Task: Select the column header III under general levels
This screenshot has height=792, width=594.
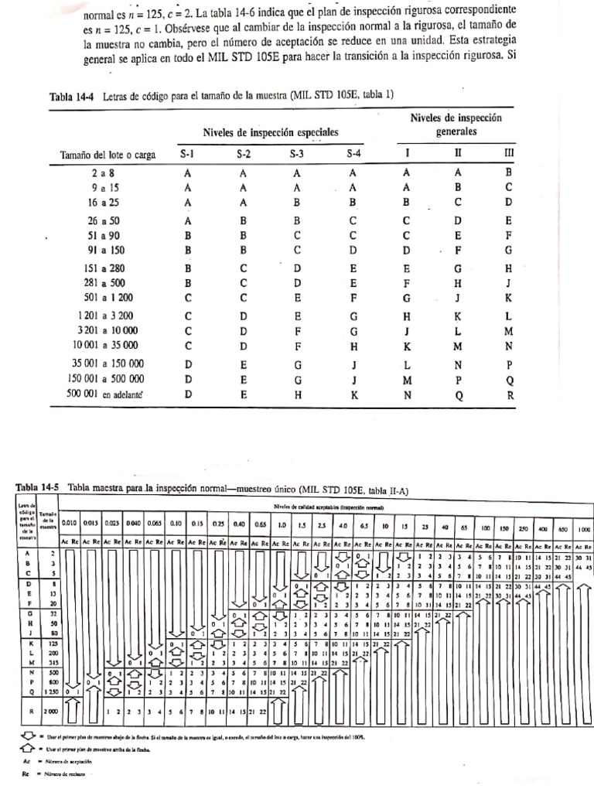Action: coord(509,154)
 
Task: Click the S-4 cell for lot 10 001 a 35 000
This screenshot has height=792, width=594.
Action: coord(353,345)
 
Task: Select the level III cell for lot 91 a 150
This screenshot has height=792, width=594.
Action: coord(509,251)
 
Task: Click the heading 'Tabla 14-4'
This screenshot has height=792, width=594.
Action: coord(71,97)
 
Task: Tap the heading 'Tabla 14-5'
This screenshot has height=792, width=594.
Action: coord(38,487)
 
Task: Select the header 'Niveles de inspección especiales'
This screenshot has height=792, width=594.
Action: coord(271,132)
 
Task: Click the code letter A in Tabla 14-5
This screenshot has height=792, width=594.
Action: coord(28,554)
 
